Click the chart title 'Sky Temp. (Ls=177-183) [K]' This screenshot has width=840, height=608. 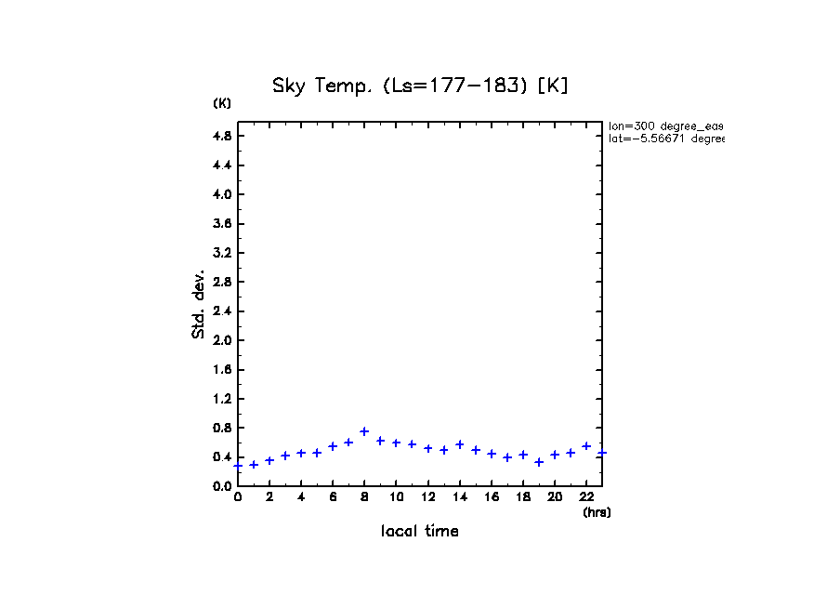pos(419,86)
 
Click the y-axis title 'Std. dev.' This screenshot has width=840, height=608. pos(199,303)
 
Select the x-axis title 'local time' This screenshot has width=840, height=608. pos(419,532)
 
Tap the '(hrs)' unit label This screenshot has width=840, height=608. pos(597,512)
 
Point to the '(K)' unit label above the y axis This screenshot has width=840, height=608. pos(222,103)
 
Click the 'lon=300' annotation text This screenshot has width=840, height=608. pos(665,126)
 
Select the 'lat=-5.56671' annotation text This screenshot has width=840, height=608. pos(665,139)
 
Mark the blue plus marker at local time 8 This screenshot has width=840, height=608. pos(364,431)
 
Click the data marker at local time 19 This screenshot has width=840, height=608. pos(539,462)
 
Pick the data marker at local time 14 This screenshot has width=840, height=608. pos(460,444)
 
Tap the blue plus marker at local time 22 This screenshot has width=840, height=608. pos(586,446)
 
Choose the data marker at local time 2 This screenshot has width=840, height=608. pos(269,460)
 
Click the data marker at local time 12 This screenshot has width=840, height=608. pos(428,448)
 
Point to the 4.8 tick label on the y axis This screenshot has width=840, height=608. pos(222,136)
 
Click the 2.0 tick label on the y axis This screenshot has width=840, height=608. pos(222,340)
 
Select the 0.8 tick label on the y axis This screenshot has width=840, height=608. pos(222,428)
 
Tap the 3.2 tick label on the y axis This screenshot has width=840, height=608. pos(222,253)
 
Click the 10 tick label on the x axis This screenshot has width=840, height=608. pos(396,497)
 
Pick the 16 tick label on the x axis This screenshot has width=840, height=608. pos(492,497)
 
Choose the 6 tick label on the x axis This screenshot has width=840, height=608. pos(333,497)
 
